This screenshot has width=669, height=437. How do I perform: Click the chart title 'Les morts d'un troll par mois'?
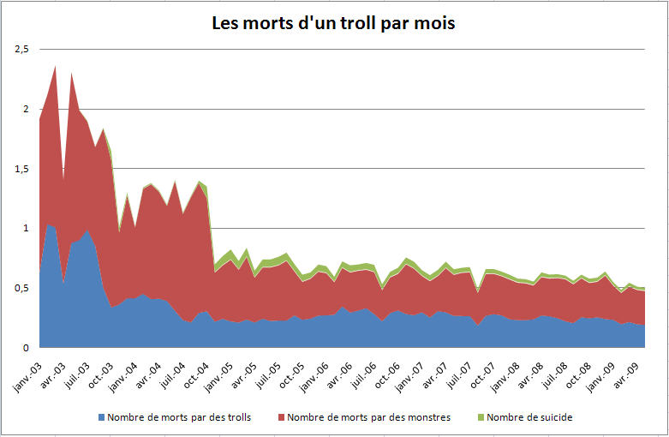click(x=333, y=23)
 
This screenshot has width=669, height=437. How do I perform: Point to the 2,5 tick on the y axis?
click(x=22, y=50)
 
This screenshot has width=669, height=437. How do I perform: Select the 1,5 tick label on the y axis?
click(x=22, y=169)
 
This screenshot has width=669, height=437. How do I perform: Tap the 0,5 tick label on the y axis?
click(x=22, y=288)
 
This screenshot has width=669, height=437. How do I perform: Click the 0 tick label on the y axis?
click(x=27, y=348)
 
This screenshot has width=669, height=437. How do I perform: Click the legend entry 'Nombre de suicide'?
click(x=527, y=417)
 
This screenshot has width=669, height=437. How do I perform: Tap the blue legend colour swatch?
click(x=103, y=417)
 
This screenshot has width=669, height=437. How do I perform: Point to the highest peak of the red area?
click(x=55, y=66)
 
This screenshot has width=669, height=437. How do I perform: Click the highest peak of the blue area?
click(x=48, y=224)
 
